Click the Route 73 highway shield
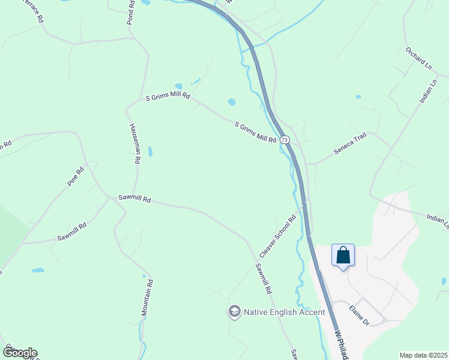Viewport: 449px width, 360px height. [285, 139]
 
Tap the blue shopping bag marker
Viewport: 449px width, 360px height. [343, 255]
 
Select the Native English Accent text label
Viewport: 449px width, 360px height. [283, 312]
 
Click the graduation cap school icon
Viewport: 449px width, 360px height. [234, 311]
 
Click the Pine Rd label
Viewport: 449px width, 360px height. [76, 176]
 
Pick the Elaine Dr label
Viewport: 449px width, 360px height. [359, 315]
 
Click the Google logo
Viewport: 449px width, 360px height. [19, 352]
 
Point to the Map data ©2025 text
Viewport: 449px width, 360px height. [423, 355]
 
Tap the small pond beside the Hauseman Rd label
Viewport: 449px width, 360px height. [150, 151]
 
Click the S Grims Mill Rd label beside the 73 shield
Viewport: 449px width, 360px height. [255, 132]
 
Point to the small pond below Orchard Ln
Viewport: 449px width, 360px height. [358, 97]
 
